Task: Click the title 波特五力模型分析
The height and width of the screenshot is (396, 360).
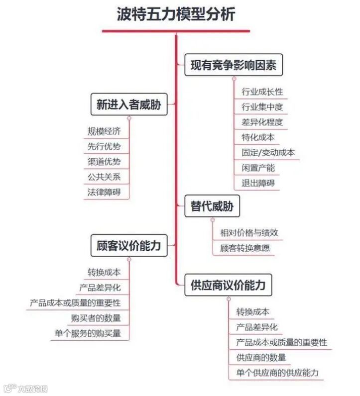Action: click(x=176, y=14)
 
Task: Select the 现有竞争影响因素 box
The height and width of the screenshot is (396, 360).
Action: click(x=234, y=65)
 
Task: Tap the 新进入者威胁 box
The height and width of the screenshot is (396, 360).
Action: click(x=128, y=104)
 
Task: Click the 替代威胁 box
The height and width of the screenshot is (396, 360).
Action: click(x=212, y=206)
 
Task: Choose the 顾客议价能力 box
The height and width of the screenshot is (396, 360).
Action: click(x=128, y=245)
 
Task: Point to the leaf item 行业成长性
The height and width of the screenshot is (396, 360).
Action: click(x=262, y=92)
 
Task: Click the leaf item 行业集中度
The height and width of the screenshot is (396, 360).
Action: click(x=262, y=107)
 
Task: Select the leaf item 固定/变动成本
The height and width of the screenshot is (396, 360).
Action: click(x=268, y=152)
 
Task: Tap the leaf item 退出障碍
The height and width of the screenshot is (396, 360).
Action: click(x=258, y=183)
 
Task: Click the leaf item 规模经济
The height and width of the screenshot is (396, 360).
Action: click(x=104, y=131)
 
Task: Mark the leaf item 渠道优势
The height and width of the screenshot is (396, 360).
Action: click(x=104, y=162)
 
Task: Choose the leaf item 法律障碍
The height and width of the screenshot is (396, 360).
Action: click(x=104, y=192)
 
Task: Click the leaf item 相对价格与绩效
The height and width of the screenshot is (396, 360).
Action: click(x=249, y=232)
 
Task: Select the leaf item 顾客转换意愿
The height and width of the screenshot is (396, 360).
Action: click(x=245, y=247)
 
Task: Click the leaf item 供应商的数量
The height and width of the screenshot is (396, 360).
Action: click(x=261, y=357)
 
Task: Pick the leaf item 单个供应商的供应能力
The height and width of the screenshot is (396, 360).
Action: click(x=277, y=373)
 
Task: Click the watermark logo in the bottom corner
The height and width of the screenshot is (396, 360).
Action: click(x=25, y=389)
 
